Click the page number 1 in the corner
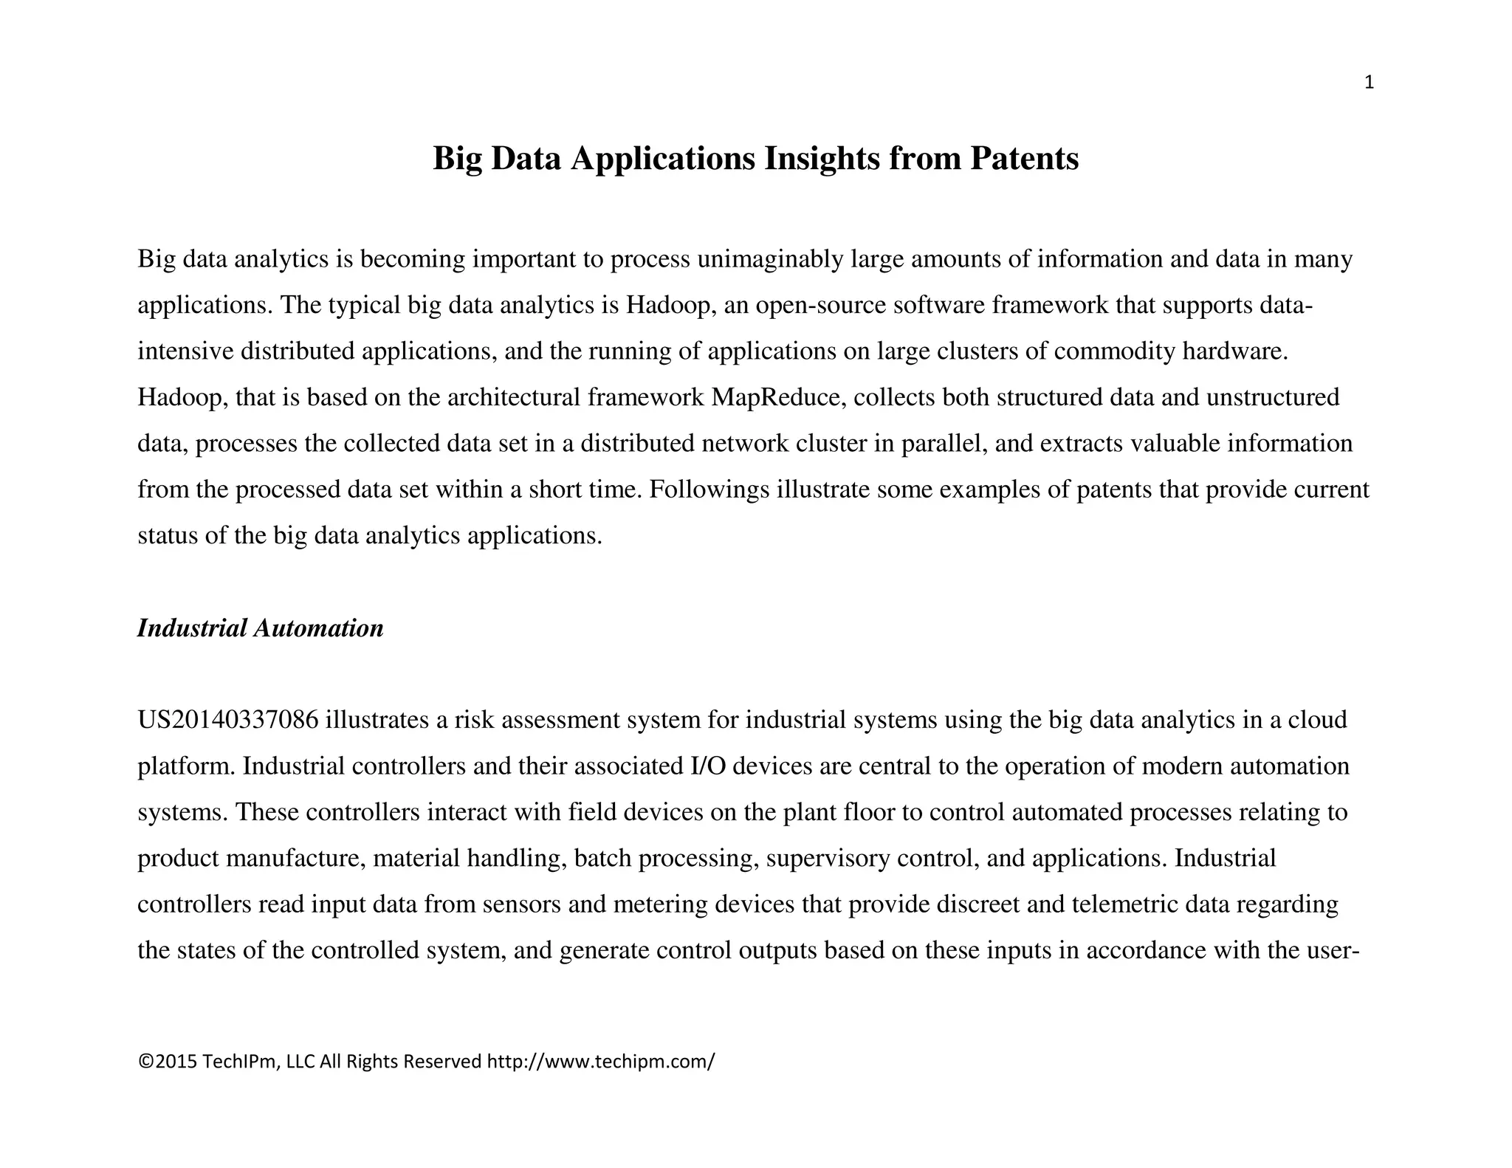(x=1369, y=83)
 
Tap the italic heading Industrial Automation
(x=260, y=628)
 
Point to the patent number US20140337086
(x=228, y=720)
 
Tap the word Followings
(x=709, y=489)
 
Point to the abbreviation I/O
(x=707, y=766)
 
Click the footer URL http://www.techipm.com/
(x=601, y=1062)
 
